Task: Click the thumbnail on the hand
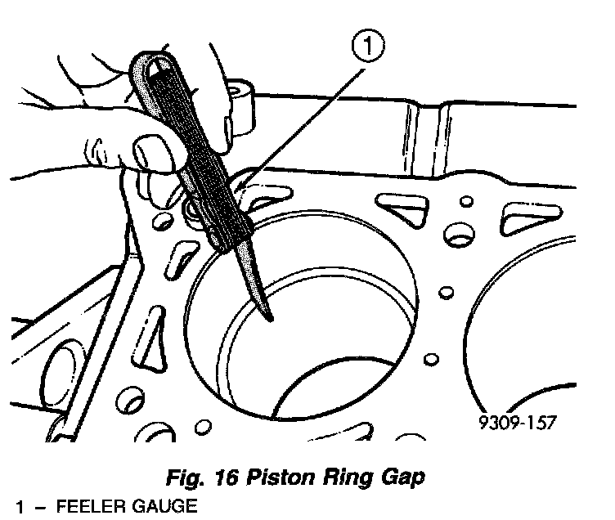[x=147, y=152]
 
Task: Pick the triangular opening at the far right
[x=530, y=217]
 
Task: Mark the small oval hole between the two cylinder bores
[x=446, y=292]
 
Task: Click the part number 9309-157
[x=518, y=423]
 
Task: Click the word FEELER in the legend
[x=91, y=506]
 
